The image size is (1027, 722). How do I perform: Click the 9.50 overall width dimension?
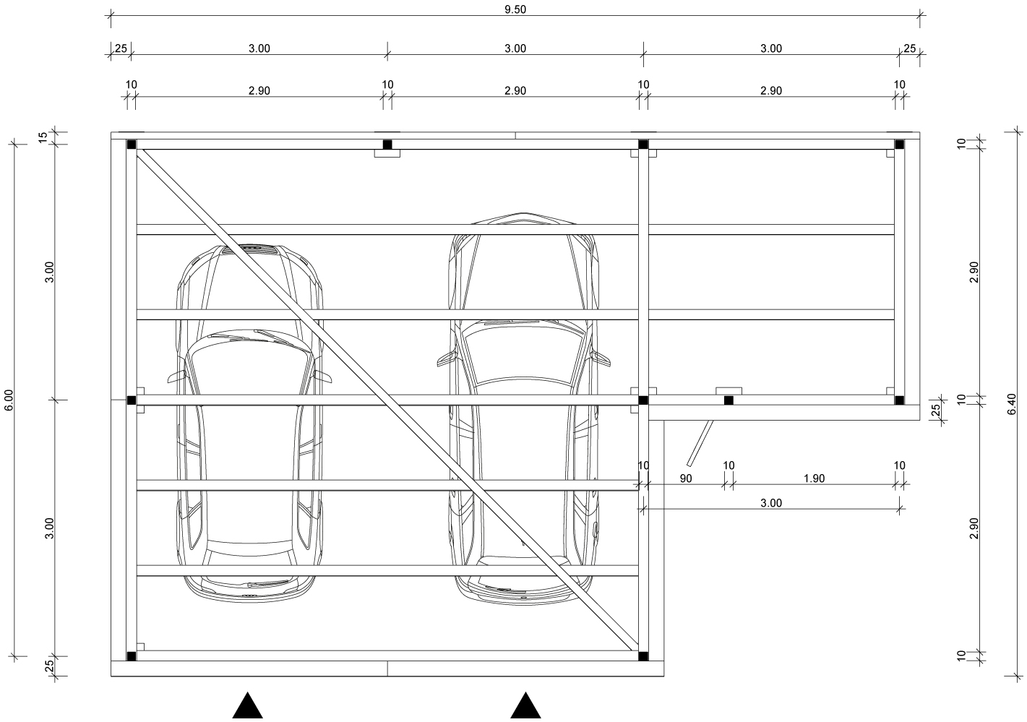515,9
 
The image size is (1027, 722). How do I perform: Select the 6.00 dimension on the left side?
9,400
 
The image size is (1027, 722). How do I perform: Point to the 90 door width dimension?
685,478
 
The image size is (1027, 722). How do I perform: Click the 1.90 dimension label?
815,478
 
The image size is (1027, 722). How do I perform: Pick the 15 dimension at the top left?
42,137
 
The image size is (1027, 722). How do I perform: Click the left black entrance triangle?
248,705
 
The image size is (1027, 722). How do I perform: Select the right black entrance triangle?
525,705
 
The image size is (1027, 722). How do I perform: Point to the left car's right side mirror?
323,376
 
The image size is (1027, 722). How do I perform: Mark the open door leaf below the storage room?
700,443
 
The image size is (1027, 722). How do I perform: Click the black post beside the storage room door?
729,400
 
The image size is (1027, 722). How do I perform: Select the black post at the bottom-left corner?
131,656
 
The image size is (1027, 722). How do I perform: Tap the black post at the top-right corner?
900,145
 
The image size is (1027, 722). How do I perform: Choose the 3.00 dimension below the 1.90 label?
771,503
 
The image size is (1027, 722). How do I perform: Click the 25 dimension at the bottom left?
50,666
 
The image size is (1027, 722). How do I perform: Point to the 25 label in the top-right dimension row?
910,48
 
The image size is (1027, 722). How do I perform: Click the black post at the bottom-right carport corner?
643,656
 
